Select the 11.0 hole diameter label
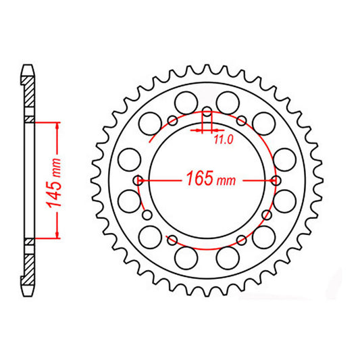tap(224, 140)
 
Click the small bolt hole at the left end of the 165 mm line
tap(138, 180)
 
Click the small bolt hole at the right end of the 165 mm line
tap(277, 180)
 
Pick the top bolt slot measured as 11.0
tap(207, 115)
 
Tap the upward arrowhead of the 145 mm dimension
tap(58, 126)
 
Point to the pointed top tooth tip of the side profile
tap(28, 67)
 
